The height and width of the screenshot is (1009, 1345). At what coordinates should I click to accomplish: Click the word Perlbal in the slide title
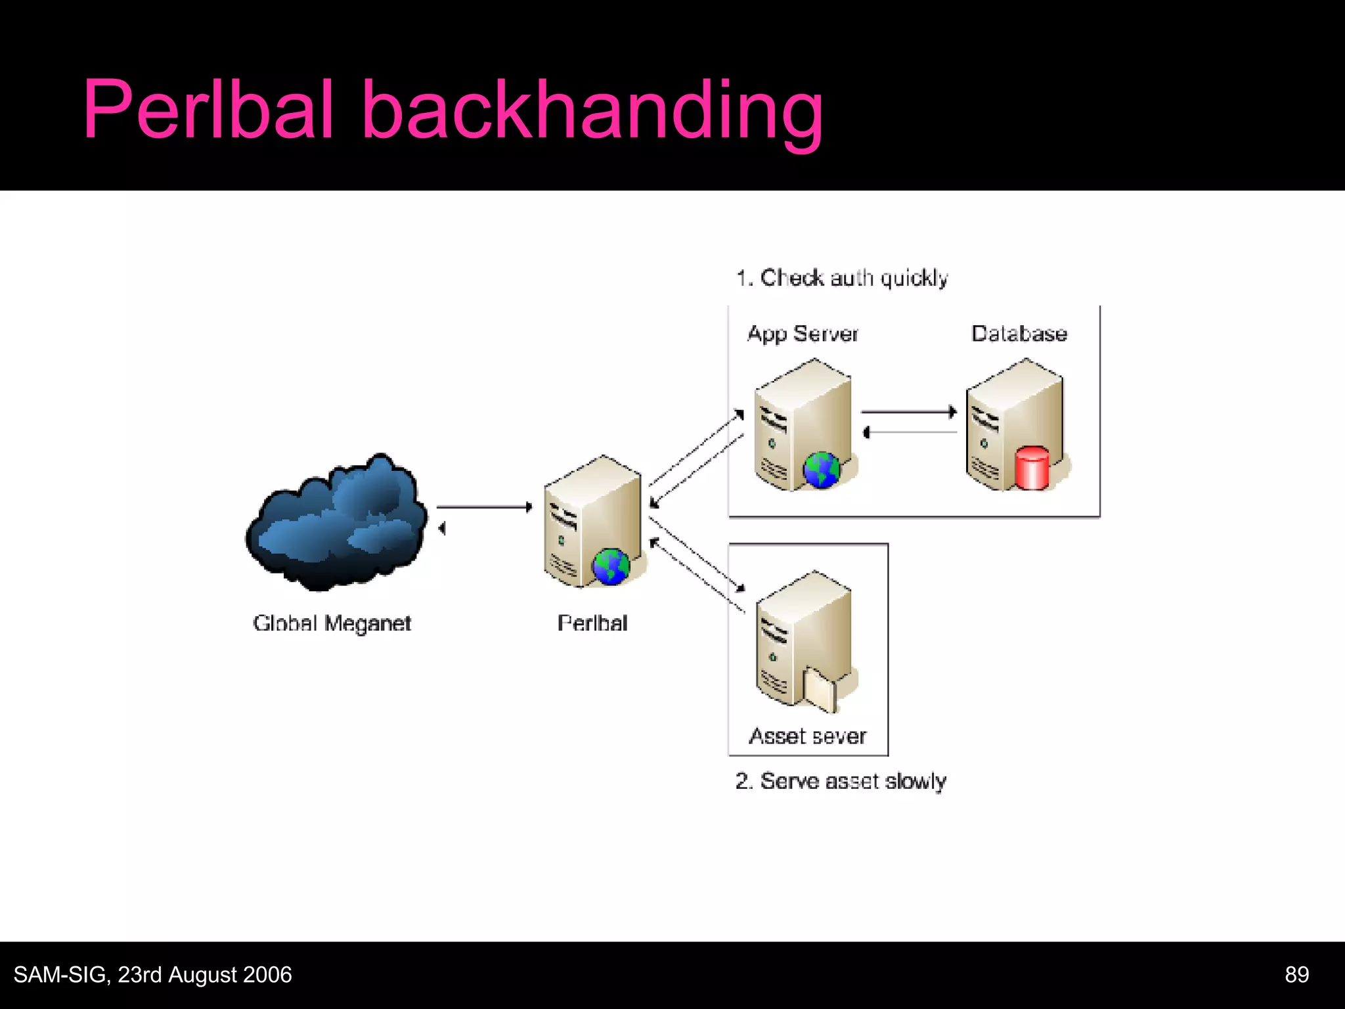pos(209,110)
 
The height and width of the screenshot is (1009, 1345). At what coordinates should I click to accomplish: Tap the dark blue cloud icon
pos(336,522)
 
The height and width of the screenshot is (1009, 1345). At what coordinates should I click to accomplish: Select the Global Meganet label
pos(332,623)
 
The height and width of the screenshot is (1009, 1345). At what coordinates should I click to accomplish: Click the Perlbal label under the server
pos(592,623)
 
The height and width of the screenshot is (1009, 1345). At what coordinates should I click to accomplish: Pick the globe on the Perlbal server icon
pos(611,566)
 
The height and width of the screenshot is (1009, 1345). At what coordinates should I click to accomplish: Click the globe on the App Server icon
pos(822,470)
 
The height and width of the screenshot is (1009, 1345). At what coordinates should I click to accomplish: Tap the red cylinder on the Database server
pos(1032,468)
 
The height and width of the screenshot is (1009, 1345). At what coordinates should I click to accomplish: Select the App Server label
pos(803,334)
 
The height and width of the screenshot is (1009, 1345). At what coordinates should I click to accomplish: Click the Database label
pos(1019,334)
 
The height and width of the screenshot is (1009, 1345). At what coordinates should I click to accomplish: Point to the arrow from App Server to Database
pos(909,412)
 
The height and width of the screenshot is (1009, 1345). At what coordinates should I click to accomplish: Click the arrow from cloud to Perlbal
pos(484,506)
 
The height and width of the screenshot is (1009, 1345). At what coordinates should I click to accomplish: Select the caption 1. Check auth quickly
pos(842,278)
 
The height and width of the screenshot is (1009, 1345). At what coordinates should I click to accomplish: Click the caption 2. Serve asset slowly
pos(841,781)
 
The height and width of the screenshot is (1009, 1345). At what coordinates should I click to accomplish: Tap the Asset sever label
pos(808,736)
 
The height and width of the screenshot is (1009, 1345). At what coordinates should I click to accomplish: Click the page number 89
pos(1296,975)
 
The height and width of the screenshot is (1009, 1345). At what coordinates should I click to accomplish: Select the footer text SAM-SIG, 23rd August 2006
pos(152,975)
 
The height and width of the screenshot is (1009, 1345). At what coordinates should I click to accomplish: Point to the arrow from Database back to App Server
pos(909,432)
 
